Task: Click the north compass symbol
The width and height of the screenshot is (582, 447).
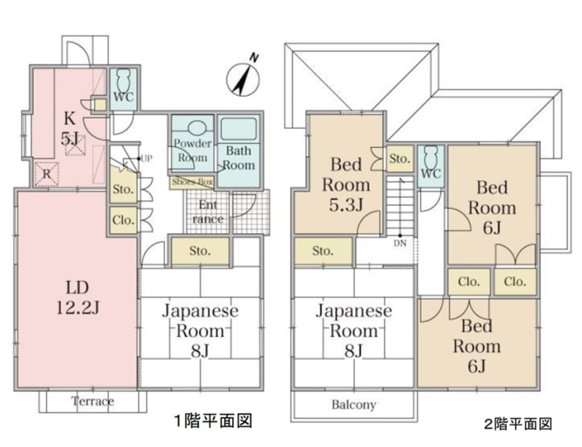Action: (x=243, y=78)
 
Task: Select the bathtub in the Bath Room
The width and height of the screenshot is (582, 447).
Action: (x=239, y=129)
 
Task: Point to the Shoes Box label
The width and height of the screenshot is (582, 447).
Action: (x=192, y=182)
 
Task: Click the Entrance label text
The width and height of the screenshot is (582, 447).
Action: (x=208, y=211)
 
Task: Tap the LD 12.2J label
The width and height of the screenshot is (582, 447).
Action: (x=78, y=297)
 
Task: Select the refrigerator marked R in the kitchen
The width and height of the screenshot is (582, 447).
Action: (x=47, y=174)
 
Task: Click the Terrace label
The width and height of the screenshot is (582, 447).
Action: (x=93, y=401)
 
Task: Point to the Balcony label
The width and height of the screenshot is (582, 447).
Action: (x=354, y=404)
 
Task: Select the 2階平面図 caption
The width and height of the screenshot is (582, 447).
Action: (x=518, y=424)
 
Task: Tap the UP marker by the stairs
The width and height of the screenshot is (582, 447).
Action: (x=146, y=159)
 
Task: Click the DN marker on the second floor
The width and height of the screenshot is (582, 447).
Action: (x=400, y=243)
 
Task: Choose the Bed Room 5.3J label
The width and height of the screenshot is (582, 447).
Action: (x=346, y=185)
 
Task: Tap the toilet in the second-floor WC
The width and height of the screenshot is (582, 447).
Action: (x=431, y=156)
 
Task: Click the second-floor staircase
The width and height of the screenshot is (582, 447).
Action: (x=400, y=205)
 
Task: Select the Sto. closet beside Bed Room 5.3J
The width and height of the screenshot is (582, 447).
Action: (x=399, y=159)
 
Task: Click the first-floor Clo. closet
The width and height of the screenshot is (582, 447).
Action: (x=124, y=220)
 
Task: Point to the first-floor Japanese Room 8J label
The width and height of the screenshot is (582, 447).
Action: (x=200, y=331)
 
